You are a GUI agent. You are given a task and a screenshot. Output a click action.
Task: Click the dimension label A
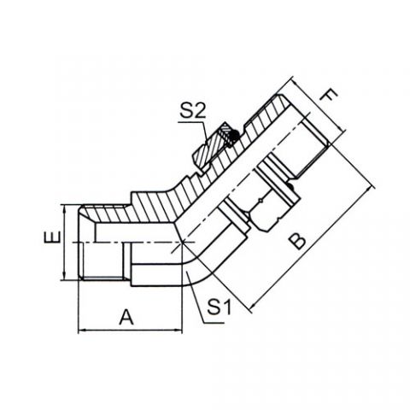(x=126, y=318)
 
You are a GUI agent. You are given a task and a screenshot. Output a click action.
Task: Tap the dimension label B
(x=296, y=242)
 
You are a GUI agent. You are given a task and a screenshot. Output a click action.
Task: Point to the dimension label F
(x=329, y=96)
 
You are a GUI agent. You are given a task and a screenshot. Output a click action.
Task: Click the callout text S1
(x=219, y=307)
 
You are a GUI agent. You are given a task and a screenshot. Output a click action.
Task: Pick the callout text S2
(x=192, y=111)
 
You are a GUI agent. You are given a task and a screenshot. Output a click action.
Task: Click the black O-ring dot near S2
(x=234, y=137)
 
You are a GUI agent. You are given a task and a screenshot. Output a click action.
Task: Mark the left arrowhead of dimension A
(x=81, y=331)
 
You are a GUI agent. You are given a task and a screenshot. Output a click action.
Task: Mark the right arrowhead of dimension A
(x=179, y=331)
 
